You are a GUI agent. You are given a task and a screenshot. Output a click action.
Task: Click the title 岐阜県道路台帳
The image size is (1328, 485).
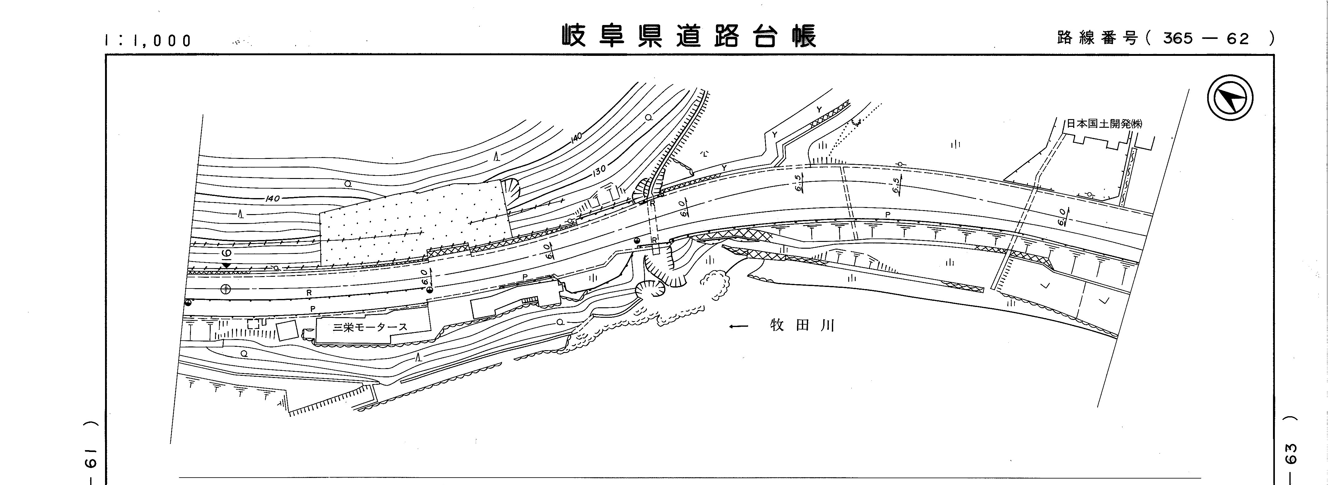pyautogui.click(x=689, y=36)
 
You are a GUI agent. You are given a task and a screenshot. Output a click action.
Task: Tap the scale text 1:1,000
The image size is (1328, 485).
pyautogui.click(x=148, y=40)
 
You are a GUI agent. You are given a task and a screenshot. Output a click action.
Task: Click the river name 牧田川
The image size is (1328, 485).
pyautogui.click(x=802, y=325)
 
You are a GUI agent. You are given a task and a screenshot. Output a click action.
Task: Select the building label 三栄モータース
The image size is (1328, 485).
pyautogui.click(x=370, y=327)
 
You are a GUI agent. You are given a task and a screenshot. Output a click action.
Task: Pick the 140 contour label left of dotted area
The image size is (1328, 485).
pyautogui.click(x=273, y=198)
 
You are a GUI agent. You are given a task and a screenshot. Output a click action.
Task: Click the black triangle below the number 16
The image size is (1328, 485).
pyautogui.click(x=226, y=265)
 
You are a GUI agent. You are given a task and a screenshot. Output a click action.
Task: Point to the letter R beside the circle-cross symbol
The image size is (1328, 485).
pyautogui.click(x=309, y=292)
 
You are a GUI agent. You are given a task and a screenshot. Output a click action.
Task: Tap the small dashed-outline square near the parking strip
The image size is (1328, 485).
pyautogui.click(x=253, y=324)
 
